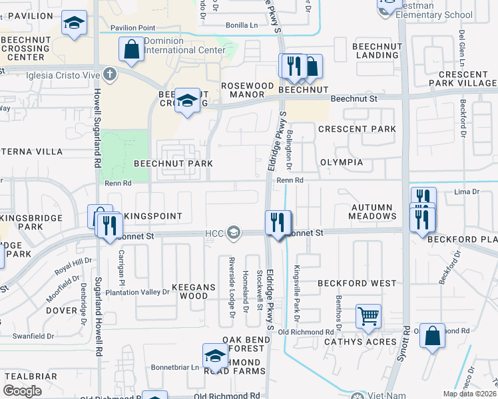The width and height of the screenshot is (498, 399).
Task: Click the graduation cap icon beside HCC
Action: [233, 232]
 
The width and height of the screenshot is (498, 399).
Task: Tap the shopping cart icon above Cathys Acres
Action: [368, 316]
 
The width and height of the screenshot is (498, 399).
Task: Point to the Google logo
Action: [23, 391]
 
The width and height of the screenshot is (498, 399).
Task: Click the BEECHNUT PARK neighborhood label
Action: [173, 163]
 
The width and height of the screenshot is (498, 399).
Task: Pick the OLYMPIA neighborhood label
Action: [342, 162]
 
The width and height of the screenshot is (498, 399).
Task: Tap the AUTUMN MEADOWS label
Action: [373, 211]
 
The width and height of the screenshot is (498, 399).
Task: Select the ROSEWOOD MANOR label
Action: [247, 90]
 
